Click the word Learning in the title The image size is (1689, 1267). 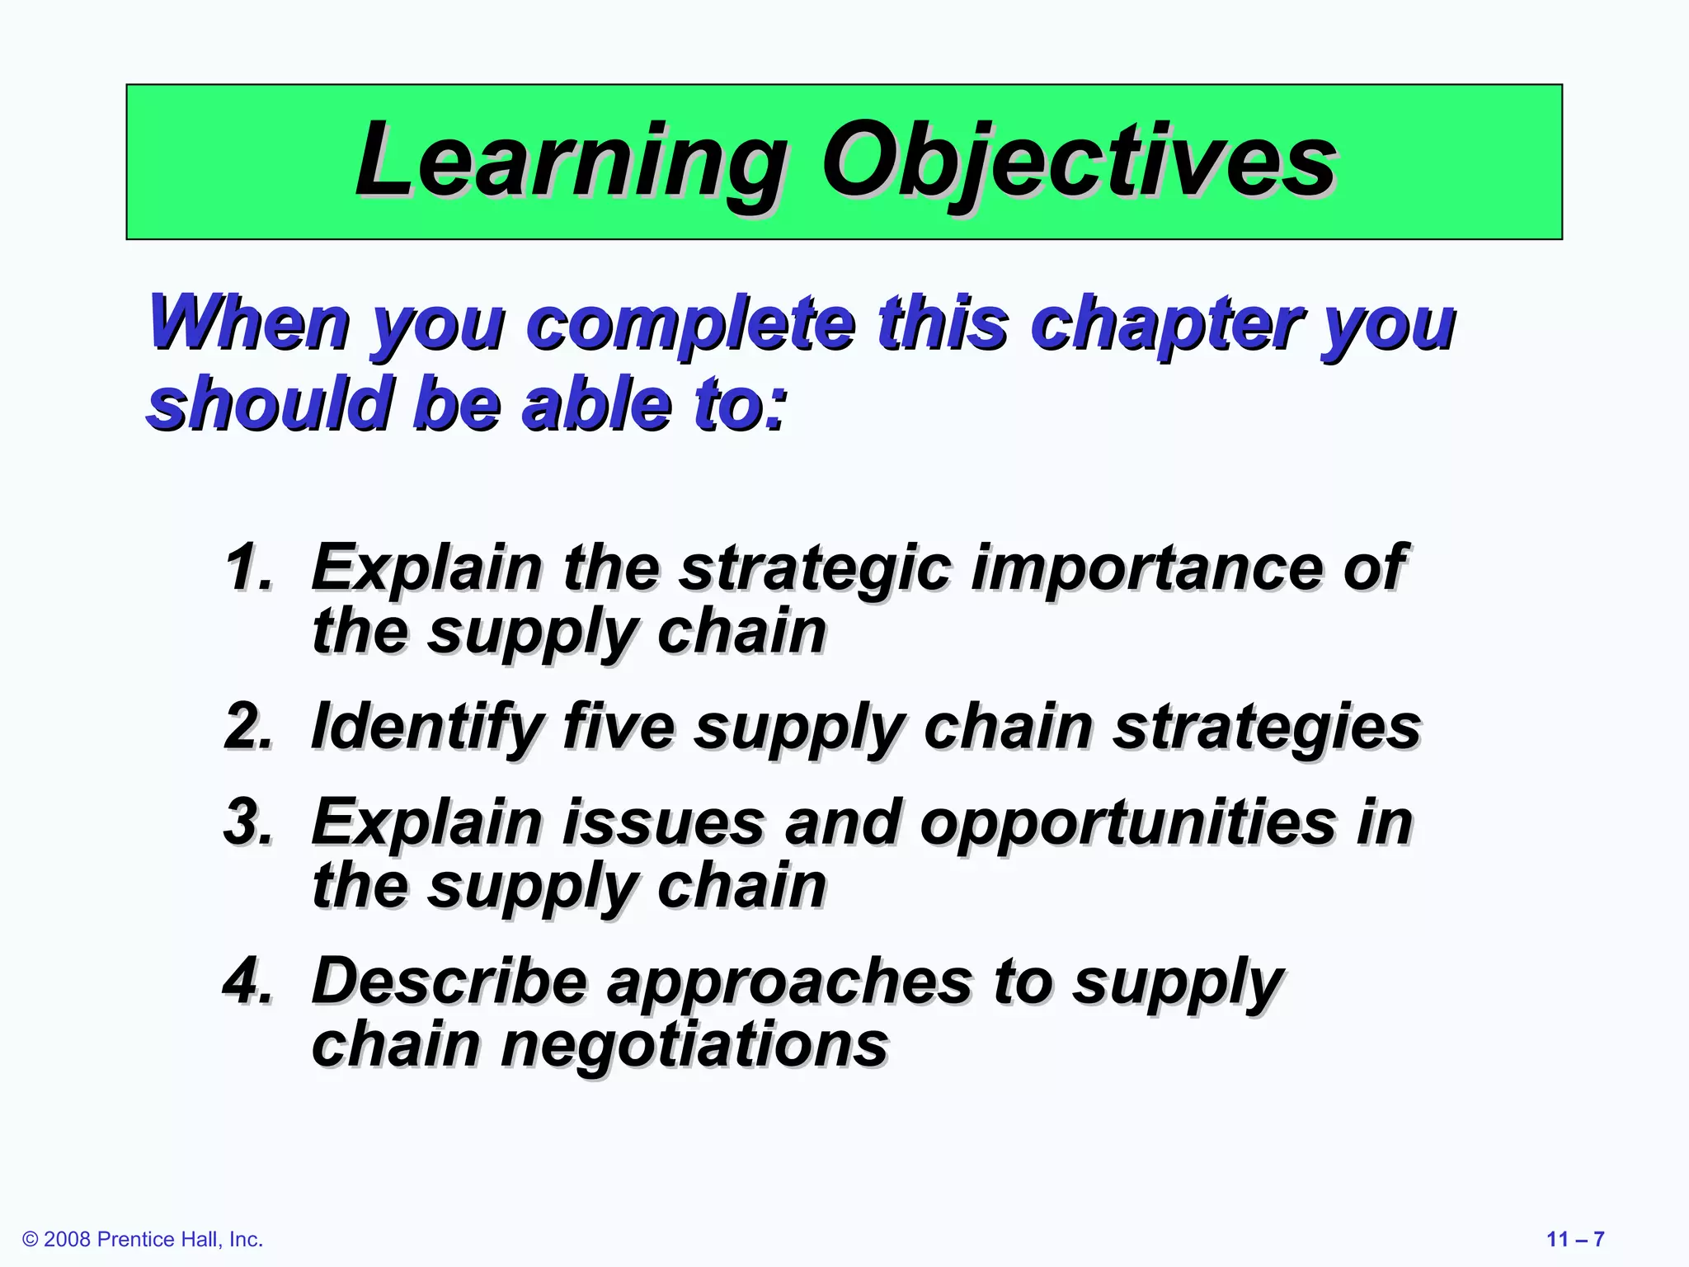click(569, 161)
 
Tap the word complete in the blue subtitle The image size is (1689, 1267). click(691, 323)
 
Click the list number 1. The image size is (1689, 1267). click(248, 568)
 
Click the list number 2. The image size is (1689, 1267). click(248, 727)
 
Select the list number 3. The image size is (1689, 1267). click(248, 822)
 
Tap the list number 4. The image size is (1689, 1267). click(248, 981)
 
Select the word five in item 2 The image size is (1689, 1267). click(619, 727)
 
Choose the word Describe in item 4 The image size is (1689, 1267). click(449, 981)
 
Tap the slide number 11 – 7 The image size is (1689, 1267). click(1575, 1239)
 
